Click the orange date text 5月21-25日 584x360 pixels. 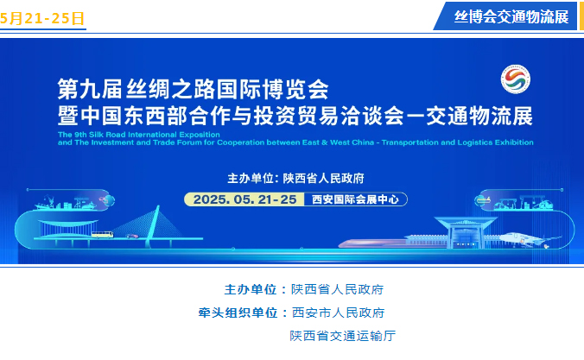(42, 18)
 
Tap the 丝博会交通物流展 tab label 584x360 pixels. (511, 16)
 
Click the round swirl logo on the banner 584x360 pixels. (516, 79)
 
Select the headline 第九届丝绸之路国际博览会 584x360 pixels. (193, 89)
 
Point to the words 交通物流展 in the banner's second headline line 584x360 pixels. (479, 116)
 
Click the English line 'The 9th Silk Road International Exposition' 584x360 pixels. (139, 135)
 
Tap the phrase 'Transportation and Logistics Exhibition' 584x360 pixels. (457, 142)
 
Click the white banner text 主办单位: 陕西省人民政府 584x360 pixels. (295, 179)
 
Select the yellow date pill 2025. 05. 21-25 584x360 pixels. (244, 199)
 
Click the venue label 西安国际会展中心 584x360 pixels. (355, 199)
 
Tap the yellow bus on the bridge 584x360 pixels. (103, 235)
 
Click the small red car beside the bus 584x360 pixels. (132, 236)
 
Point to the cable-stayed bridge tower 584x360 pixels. (153, 226)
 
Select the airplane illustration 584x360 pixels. (529, 239)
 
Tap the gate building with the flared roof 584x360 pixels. (466, 232)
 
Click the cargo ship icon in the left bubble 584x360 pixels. (48, 203)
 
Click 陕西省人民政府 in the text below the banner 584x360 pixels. (338, 289)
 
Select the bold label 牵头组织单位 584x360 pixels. (238, 313)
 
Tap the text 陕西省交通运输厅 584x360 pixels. (343, 336)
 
